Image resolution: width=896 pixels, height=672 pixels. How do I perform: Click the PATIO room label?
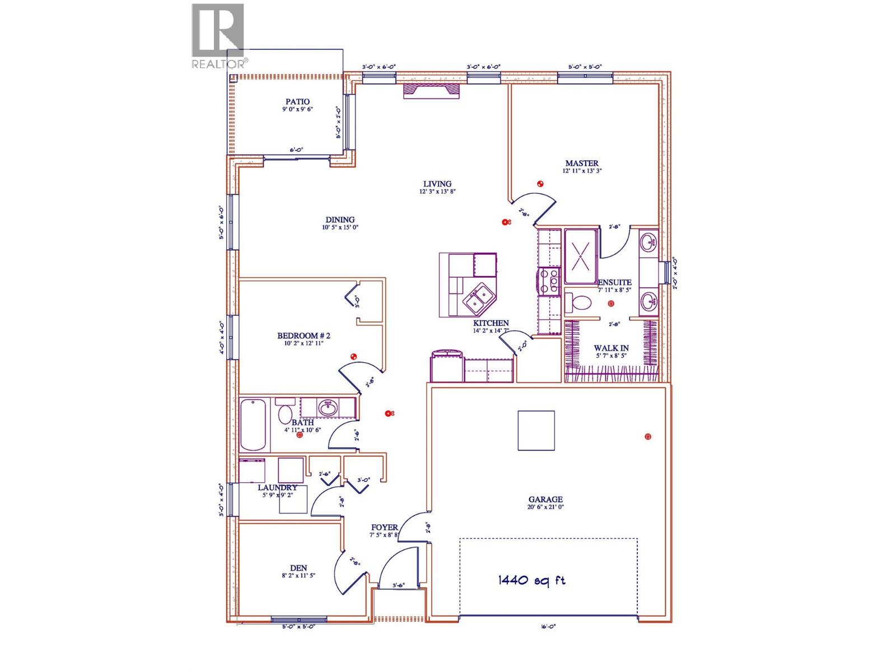tap(297, 102)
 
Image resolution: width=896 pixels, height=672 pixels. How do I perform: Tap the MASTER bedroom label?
tap(581, 164)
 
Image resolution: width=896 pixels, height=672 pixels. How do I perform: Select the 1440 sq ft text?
tap(531, 580)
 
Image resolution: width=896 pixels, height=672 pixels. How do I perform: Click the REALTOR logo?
tap(218, 36)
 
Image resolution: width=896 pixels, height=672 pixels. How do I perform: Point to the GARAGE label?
tap(545, 500)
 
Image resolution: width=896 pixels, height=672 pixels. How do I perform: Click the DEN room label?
tap(298, 568)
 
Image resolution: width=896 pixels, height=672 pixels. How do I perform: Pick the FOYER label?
tap(384, 528)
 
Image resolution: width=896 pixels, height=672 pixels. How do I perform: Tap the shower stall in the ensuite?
tap(581, 256)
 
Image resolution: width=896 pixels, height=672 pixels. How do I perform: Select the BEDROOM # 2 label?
tap(304, 336)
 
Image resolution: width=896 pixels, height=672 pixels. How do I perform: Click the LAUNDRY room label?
tap(277, 488)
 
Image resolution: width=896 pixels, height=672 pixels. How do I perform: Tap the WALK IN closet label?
tap(611, 348)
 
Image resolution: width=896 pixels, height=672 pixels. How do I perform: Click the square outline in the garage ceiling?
tap(536, 430)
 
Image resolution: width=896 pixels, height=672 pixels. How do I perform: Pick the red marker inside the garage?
tap(648, 436)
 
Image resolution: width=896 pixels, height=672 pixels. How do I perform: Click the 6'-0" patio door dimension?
tap(296, 150)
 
